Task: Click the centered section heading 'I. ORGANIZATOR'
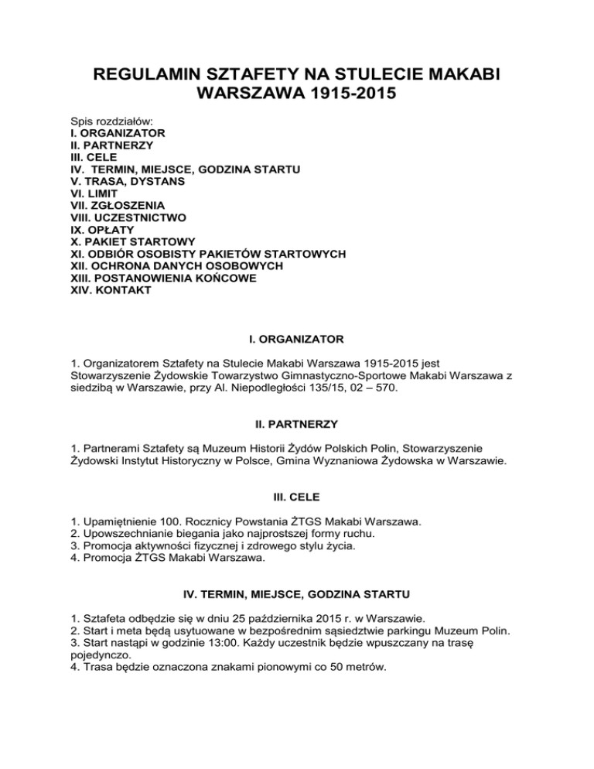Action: tap(297, 338)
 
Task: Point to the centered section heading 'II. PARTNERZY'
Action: tap(297, 425)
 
